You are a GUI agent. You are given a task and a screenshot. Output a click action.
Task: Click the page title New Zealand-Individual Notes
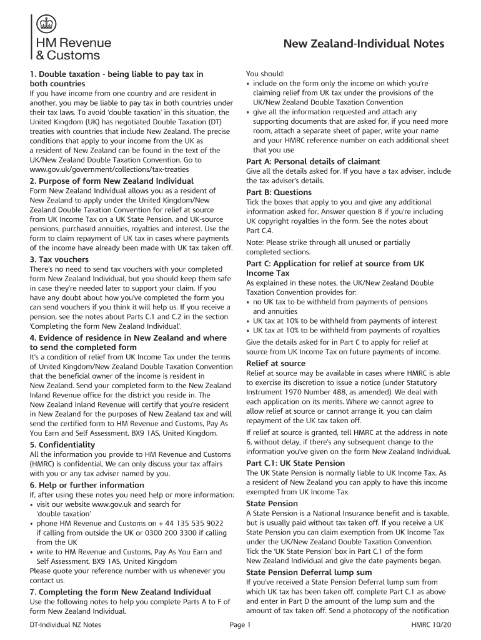[364, 44]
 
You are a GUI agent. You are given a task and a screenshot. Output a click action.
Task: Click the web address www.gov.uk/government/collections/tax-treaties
[107, 169]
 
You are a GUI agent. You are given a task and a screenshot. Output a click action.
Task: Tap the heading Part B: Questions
[279, 192]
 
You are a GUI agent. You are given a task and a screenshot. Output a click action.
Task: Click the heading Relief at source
[275, 363]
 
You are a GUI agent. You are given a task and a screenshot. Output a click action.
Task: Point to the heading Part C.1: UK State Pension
[295, 463]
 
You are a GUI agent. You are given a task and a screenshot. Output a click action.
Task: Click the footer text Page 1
[240, 625]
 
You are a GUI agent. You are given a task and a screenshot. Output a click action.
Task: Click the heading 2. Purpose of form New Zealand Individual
[103, 181]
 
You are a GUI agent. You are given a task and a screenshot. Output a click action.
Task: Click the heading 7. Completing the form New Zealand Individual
[121, 591]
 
